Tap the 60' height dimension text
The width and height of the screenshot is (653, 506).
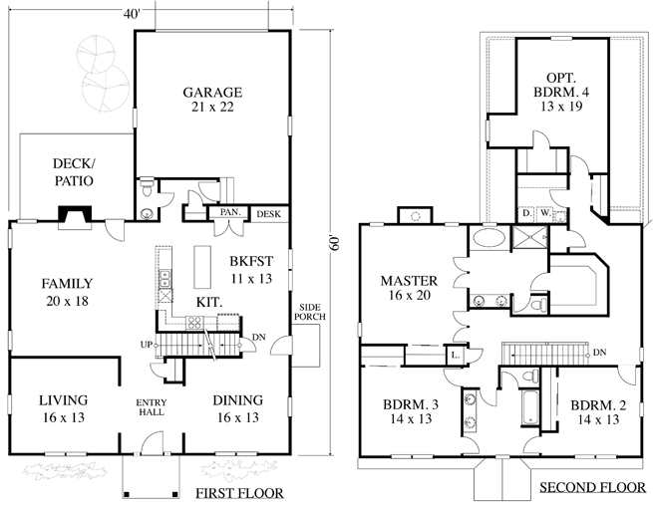(336, 243)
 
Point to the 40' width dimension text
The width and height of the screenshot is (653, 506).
(132, 14)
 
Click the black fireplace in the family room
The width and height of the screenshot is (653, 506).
(75, 213)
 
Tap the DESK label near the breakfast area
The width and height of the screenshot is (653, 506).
(268, 214)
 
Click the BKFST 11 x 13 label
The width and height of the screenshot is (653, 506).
(251, 270)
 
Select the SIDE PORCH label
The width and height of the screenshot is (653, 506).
(310, 312)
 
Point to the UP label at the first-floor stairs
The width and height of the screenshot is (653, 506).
(147, 345)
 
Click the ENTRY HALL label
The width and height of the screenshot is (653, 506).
(152, 407)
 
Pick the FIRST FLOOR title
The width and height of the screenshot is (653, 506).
(239, 493)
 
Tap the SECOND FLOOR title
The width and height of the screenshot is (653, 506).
(592, 487)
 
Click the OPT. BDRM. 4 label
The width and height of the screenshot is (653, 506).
(561, 92)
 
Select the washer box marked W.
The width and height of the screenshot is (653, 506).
(545, 213)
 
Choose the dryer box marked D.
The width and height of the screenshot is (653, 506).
(526, 213)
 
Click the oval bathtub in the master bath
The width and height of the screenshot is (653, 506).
(489, 238)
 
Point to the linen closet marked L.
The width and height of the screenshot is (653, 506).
(455, 356)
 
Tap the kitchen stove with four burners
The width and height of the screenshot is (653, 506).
(194, 322)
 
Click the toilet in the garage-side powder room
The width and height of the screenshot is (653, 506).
(147, 187)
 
